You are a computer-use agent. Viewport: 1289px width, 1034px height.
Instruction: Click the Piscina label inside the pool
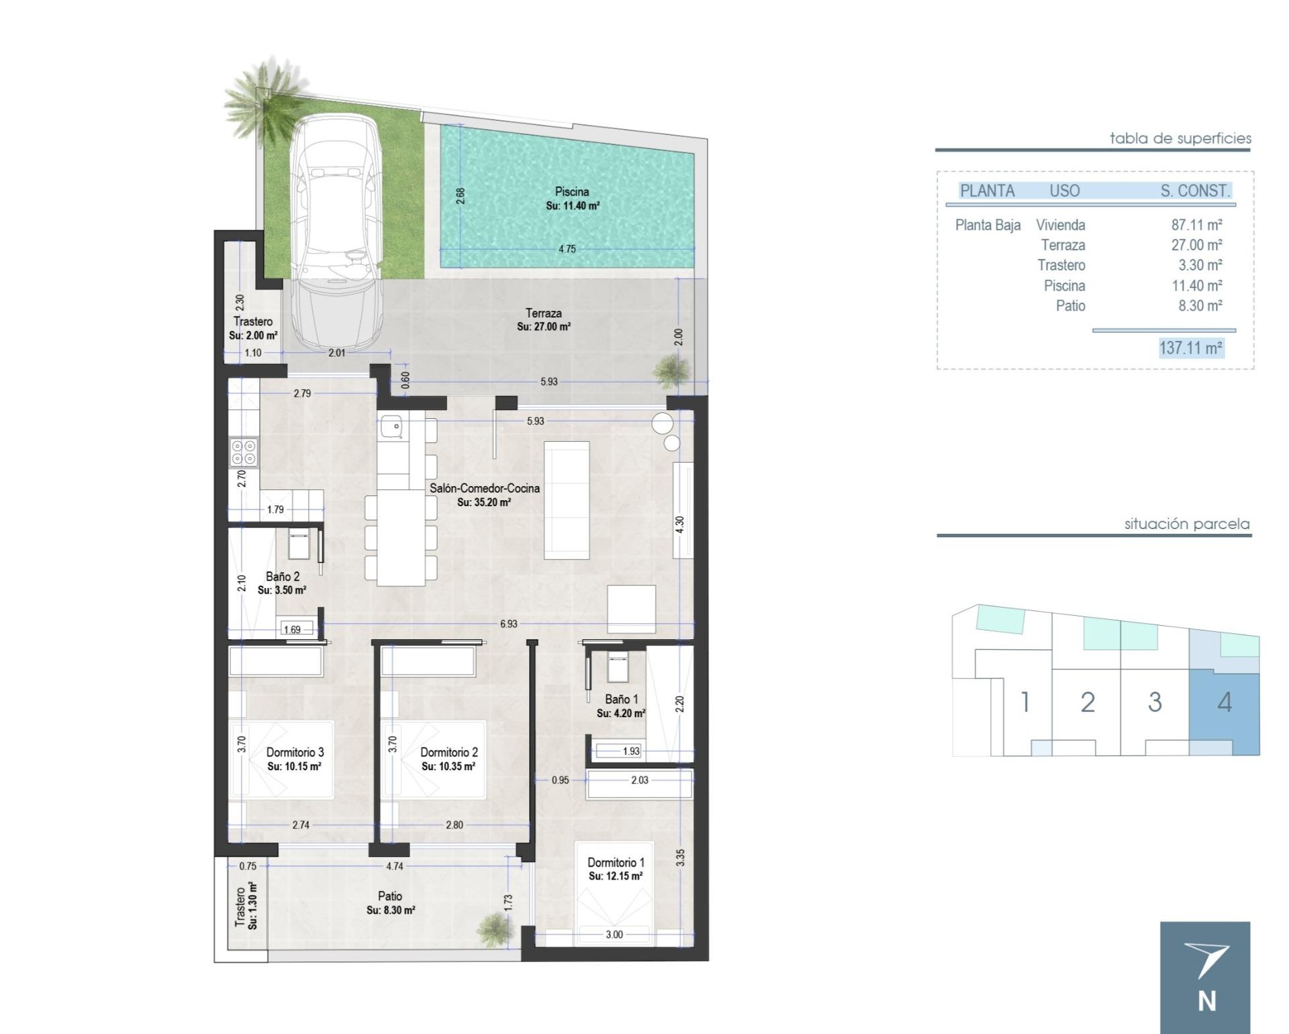tap(572, 191)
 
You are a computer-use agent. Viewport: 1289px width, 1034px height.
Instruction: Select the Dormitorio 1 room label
tap(616, 862)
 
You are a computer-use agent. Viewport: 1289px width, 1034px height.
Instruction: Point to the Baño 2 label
tap(282, 576)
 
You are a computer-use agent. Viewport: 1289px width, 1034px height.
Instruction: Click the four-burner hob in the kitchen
tap(243, 451)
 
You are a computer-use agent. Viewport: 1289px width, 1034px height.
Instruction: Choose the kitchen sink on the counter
tap(391, 426)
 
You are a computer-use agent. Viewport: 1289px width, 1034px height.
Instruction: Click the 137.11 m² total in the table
tap(1191, 348)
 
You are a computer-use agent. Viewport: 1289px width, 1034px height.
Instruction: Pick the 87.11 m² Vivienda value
tap(1196, 225)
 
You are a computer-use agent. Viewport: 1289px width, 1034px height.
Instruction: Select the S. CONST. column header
tap(1195, 191)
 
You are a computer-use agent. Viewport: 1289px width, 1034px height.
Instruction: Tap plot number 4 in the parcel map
tap(1224, 702)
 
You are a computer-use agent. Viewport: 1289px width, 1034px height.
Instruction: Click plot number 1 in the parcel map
tap(1024, 702)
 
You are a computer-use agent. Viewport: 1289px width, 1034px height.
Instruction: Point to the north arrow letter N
tap(1206, 1001)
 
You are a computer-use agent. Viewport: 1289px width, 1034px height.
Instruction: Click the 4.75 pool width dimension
tap(567, 249)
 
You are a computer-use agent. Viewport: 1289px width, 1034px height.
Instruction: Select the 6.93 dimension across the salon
tap(508, 624)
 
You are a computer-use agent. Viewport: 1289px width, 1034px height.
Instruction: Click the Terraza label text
tap(543, 313)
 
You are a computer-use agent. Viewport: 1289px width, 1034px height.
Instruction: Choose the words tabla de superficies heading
tap(1180, 138)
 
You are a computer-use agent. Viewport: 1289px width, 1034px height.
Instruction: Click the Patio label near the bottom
tap(390, 896)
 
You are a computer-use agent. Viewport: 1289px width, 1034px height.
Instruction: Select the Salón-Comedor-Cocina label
tap(484, 488)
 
